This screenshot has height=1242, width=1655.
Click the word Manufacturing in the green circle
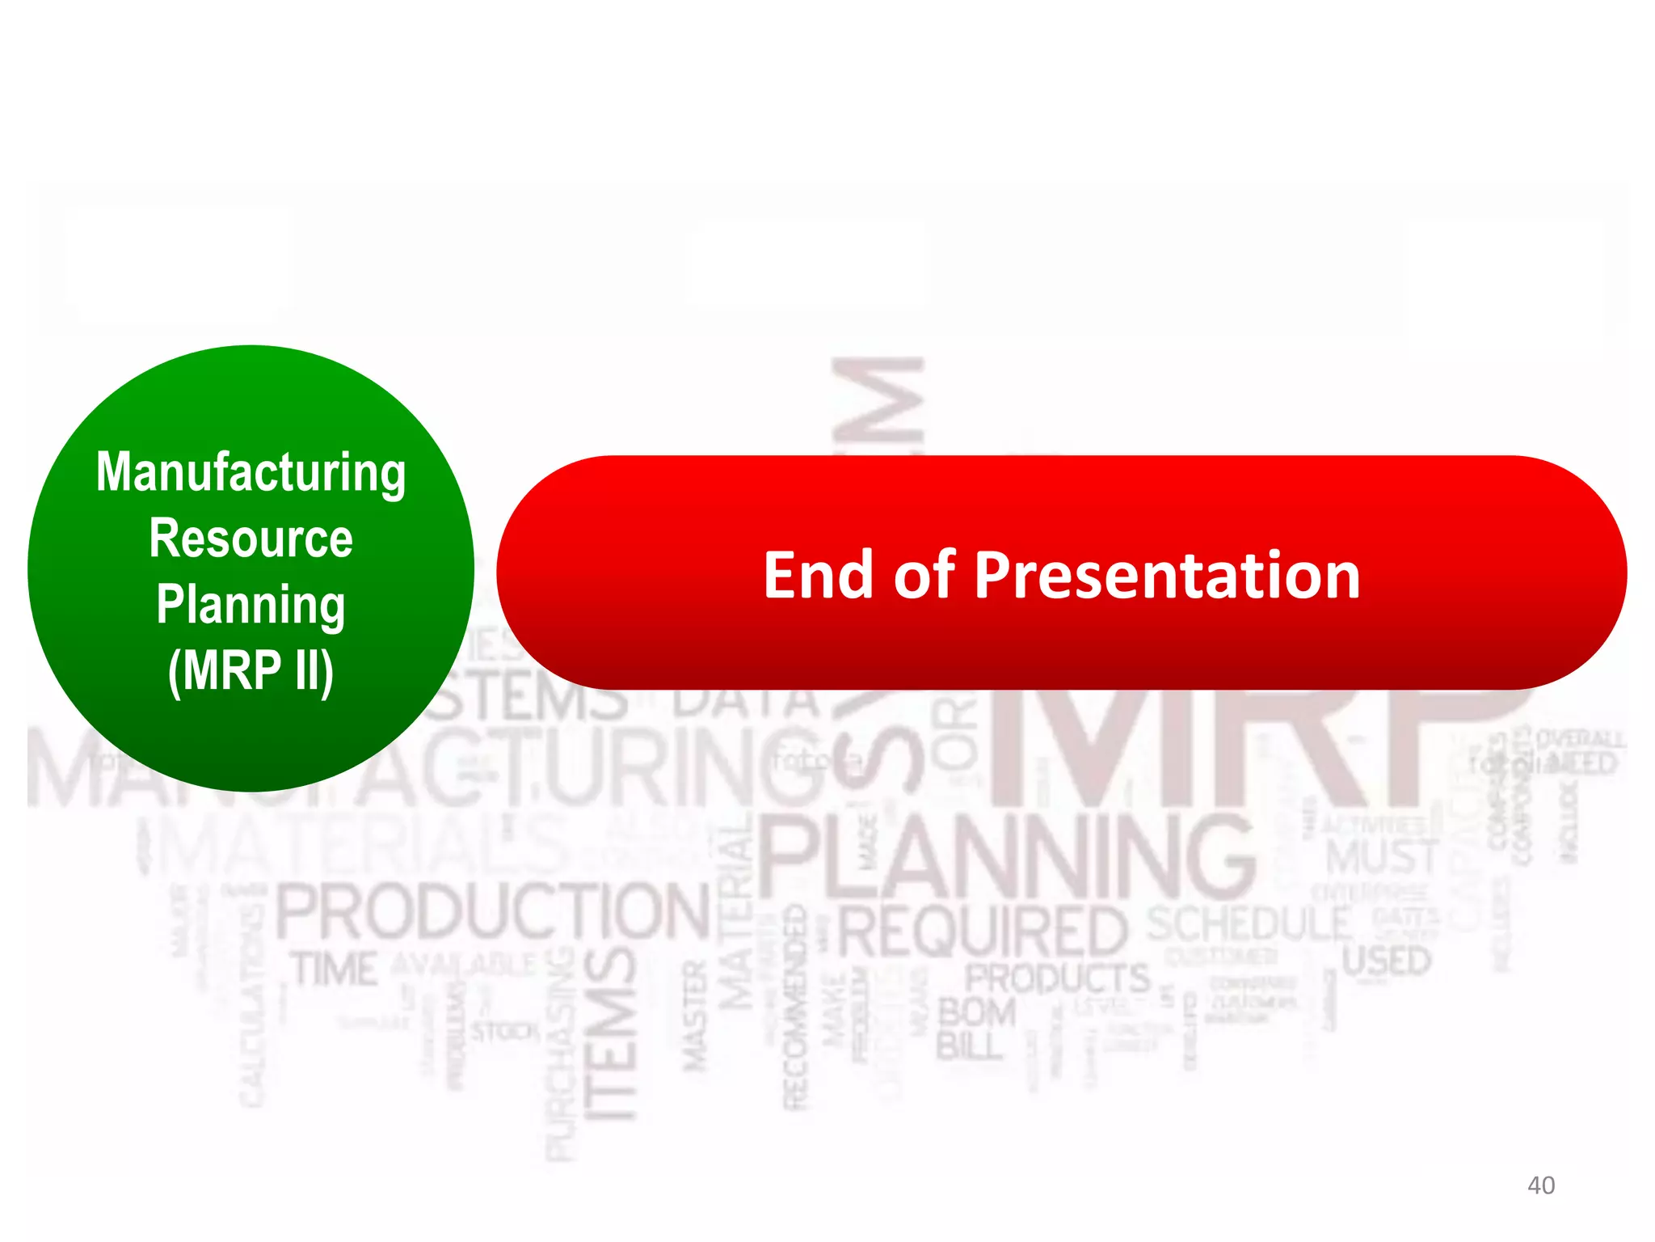251,472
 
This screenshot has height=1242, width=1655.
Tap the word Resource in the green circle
251,539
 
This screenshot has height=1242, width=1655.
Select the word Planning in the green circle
251,605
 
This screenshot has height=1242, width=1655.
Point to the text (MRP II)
251,670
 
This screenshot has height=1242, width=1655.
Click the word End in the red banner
818,575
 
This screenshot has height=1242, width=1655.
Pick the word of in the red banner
924,575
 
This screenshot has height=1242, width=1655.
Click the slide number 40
1540,1185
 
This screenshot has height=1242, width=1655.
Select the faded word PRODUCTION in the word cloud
493,912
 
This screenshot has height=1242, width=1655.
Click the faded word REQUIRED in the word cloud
983,931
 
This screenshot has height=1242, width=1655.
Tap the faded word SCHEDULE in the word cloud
1249,924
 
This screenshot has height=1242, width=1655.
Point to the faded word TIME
335,969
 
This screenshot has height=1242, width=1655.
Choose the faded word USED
1386,961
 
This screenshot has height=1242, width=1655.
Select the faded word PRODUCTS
1057,978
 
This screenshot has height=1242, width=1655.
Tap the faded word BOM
976,1013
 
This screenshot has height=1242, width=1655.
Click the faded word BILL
968,1046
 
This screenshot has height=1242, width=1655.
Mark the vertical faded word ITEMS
611,1035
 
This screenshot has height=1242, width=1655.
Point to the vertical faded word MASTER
696,1016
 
